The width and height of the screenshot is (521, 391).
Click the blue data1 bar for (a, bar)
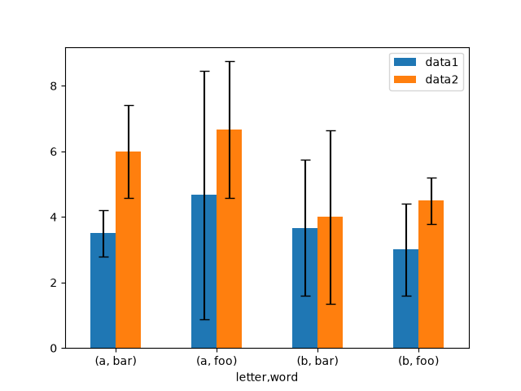[103, 291]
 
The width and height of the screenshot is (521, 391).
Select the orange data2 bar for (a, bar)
[129, 250]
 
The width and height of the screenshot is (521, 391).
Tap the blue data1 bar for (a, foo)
[204, 271]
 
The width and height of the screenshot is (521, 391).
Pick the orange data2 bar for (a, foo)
[230, 239]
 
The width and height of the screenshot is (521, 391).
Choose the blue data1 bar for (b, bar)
[305, 288]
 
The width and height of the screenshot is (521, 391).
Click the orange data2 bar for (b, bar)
[331, 283]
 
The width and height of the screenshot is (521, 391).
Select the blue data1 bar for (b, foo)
[406, 299]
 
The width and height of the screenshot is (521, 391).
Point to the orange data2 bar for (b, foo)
[431, 275]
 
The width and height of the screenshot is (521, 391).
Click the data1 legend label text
[441, 62]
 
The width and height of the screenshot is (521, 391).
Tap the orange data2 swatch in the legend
[405, 80]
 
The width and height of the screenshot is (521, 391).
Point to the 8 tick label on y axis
[54, 86]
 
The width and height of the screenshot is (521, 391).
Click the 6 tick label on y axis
[54, 152]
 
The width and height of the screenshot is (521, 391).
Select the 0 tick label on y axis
[54, 349]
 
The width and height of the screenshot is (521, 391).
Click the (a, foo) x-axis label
[217, 361]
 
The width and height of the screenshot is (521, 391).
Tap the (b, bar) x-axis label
[317, 361]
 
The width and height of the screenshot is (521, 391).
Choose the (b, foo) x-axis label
[418, 361]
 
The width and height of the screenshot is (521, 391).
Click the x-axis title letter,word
[267, 377]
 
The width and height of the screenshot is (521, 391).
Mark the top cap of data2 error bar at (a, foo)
[230, 62]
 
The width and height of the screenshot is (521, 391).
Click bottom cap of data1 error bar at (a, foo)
[204, 319]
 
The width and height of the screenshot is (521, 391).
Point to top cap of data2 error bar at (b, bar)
[331, 130]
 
